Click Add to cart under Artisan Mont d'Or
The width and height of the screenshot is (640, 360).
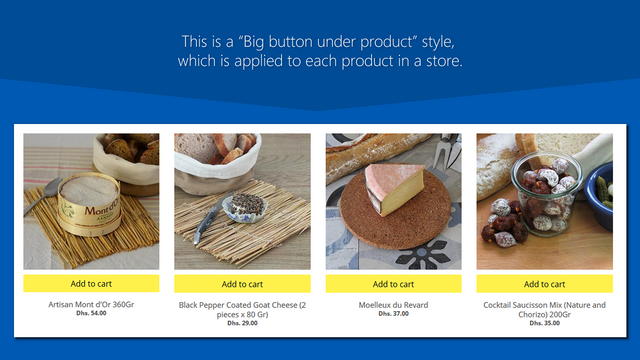91,284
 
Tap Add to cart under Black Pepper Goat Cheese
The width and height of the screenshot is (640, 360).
242,284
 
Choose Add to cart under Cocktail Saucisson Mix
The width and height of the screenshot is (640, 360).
544,284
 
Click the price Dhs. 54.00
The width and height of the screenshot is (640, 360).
91,313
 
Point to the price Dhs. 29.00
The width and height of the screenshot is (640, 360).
242,322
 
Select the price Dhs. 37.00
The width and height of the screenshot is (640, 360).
393,313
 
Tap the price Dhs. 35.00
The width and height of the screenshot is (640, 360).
544,322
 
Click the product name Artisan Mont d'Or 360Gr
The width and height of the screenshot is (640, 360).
91,304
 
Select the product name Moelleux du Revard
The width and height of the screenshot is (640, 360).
393,304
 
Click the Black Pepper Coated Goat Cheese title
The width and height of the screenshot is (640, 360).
242,308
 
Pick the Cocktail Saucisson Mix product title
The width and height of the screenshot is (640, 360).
544,308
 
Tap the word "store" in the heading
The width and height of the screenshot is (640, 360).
440,62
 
